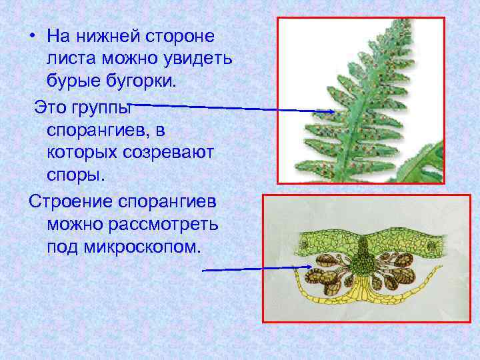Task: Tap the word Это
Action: pyautogui.click(x=50, y=106)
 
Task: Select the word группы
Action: pyautogui.click(x=106, y=107)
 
